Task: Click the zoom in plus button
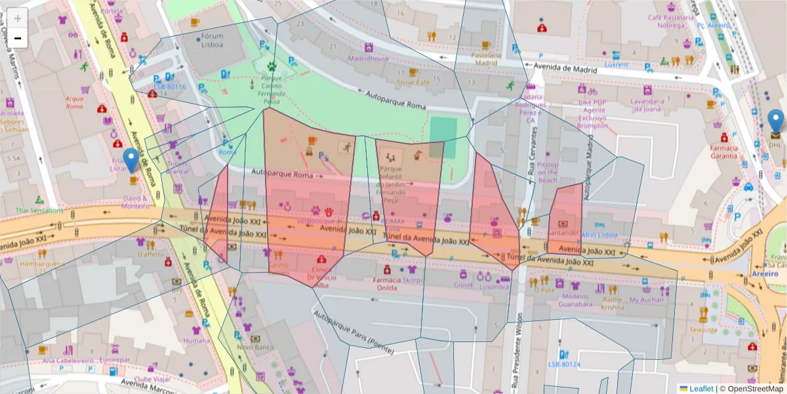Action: (x=18, y=18)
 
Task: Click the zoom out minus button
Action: (x=18, y=38)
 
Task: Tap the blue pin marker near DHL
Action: (x=775, y=122)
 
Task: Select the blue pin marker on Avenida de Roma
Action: (x=131, y=160)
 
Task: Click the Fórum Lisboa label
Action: (x=212, y=41)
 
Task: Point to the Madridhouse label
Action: (x=368, y=58)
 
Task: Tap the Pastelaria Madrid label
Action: (x=486, y=59)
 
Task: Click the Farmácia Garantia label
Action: (x=724, y=152)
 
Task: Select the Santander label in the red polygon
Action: (x=563, y=232)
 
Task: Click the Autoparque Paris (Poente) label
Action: (x=354, y=332)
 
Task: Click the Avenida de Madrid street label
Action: (x=565, y=68)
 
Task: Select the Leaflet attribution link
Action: (x=700, y=389)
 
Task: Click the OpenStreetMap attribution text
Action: (x=754, y=389)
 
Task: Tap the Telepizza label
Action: (x=703, y=330)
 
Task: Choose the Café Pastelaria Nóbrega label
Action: (x=670, y=21)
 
